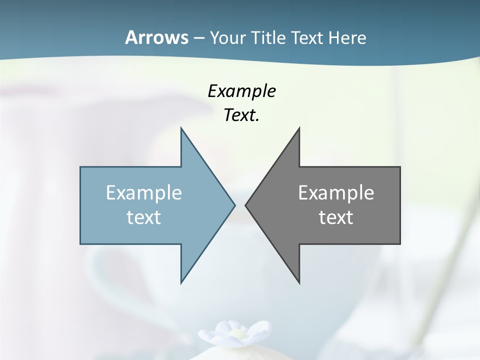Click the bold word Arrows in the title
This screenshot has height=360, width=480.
156,37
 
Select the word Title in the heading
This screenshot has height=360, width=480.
268,38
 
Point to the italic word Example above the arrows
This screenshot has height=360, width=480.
242,91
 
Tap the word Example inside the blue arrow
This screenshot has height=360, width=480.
144,192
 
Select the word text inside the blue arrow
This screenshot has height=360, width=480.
144,217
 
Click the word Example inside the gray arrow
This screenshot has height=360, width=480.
336,192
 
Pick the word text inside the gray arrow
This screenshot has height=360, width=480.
336,217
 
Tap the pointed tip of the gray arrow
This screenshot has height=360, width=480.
246,205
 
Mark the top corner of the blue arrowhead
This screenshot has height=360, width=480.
181,128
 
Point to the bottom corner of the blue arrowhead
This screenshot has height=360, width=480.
181,282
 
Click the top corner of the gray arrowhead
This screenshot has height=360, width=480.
299,128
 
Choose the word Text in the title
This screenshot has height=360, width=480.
306,38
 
